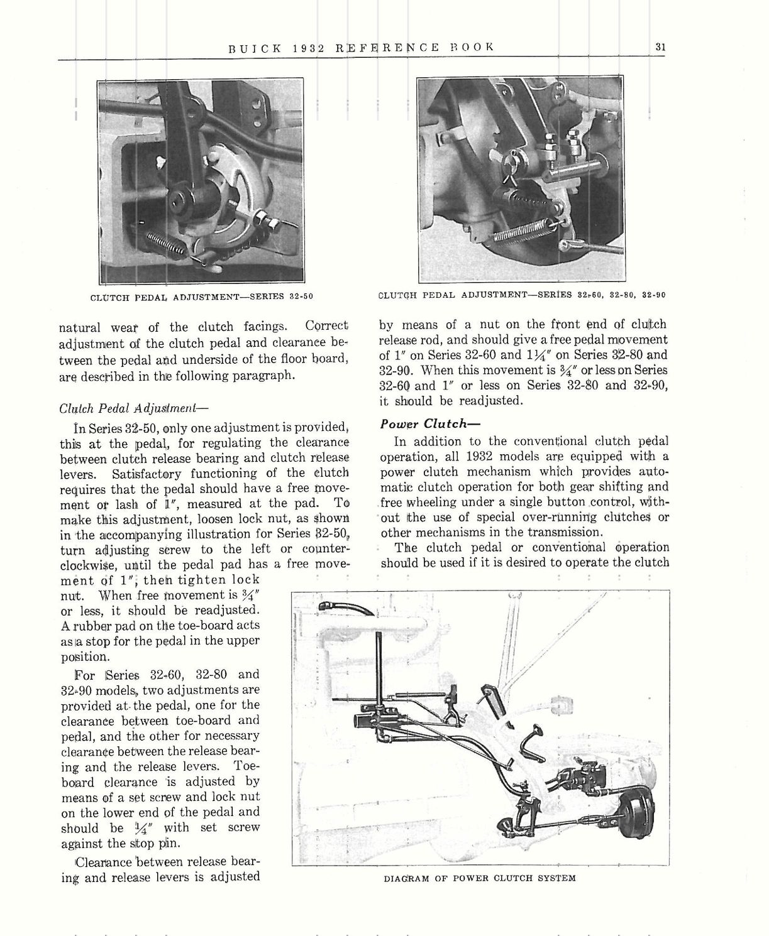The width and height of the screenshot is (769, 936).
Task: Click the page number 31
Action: (x=660, y=46)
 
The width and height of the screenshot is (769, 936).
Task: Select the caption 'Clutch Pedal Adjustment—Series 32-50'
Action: (x=202, y=297)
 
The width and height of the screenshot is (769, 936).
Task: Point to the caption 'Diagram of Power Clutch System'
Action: (x=479, y=878)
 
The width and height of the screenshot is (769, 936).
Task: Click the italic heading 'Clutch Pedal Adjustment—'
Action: (x=129, y=407)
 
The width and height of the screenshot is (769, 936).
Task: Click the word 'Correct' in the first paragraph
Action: (x=326, y=327)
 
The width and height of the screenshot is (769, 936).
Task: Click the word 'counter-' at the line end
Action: (x=319, y=549)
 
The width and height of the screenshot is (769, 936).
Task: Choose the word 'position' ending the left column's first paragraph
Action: (x=84, y=656)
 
